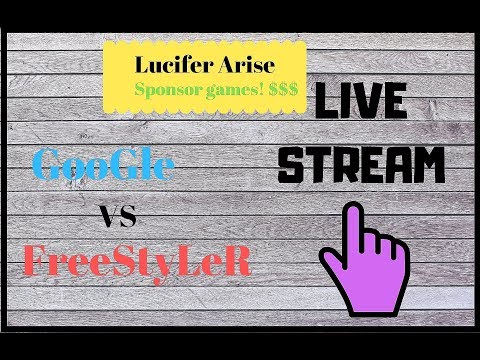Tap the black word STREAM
[x=360, y=164]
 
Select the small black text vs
[x=119, y=216]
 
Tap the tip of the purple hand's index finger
[x=352, y=211]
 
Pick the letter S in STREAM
[x=292, y=164]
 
